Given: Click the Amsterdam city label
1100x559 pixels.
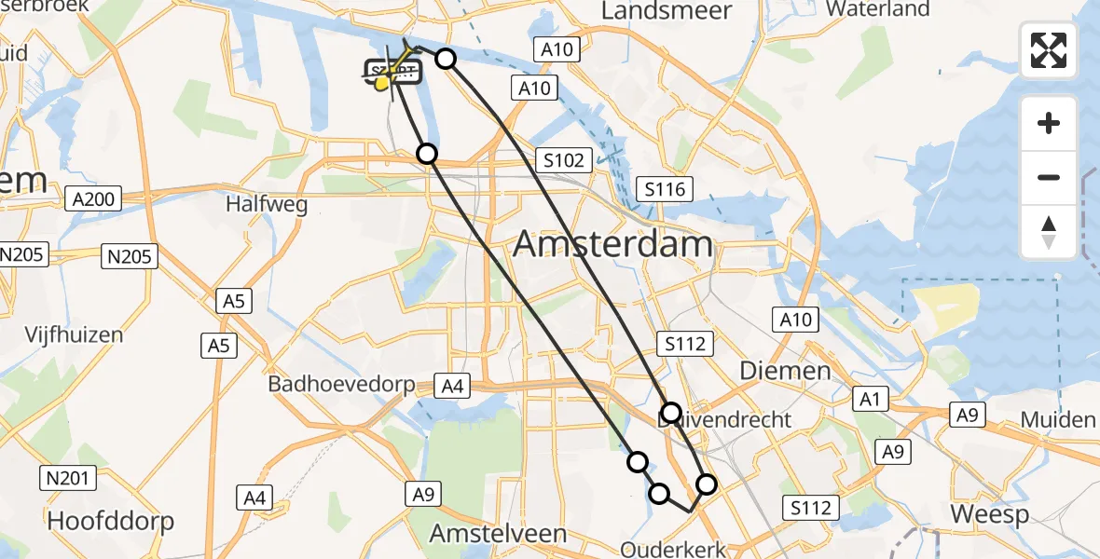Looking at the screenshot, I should [x=612, y=245].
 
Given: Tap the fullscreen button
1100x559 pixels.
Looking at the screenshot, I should [x=1049, y=50].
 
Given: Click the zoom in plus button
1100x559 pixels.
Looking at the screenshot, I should [x=1049, y=123].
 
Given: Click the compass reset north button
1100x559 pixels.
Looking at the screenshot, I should [x=1049, y=232].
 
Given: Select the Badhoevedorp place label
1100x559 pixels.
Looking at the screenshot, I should [x=340, y=384].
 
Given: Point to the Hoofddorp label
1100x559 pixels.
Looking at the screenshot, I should [x=111, y=520].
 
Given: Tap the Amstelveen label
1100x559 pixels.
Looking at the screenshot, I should [x=498, y=534].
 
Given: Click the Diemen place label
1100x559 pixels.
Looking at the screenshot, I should [x=785, y=371].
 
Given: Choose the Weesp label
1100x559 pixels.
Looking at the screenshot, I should [x=989, y=514].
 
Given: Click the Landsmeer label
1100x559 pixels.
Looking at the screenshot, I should [x=667, y=10].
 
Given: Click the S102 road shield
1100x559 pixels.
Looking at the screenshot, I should [x=564, y=160].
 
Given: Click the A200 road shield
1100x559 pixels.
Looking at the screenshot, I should [x=93, y=198].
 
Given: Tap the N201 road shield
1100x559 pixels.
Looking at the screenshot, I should [x=68, y=479].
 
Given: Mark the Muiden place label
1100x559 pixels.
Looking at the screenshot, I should [x=1057, y=419].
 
